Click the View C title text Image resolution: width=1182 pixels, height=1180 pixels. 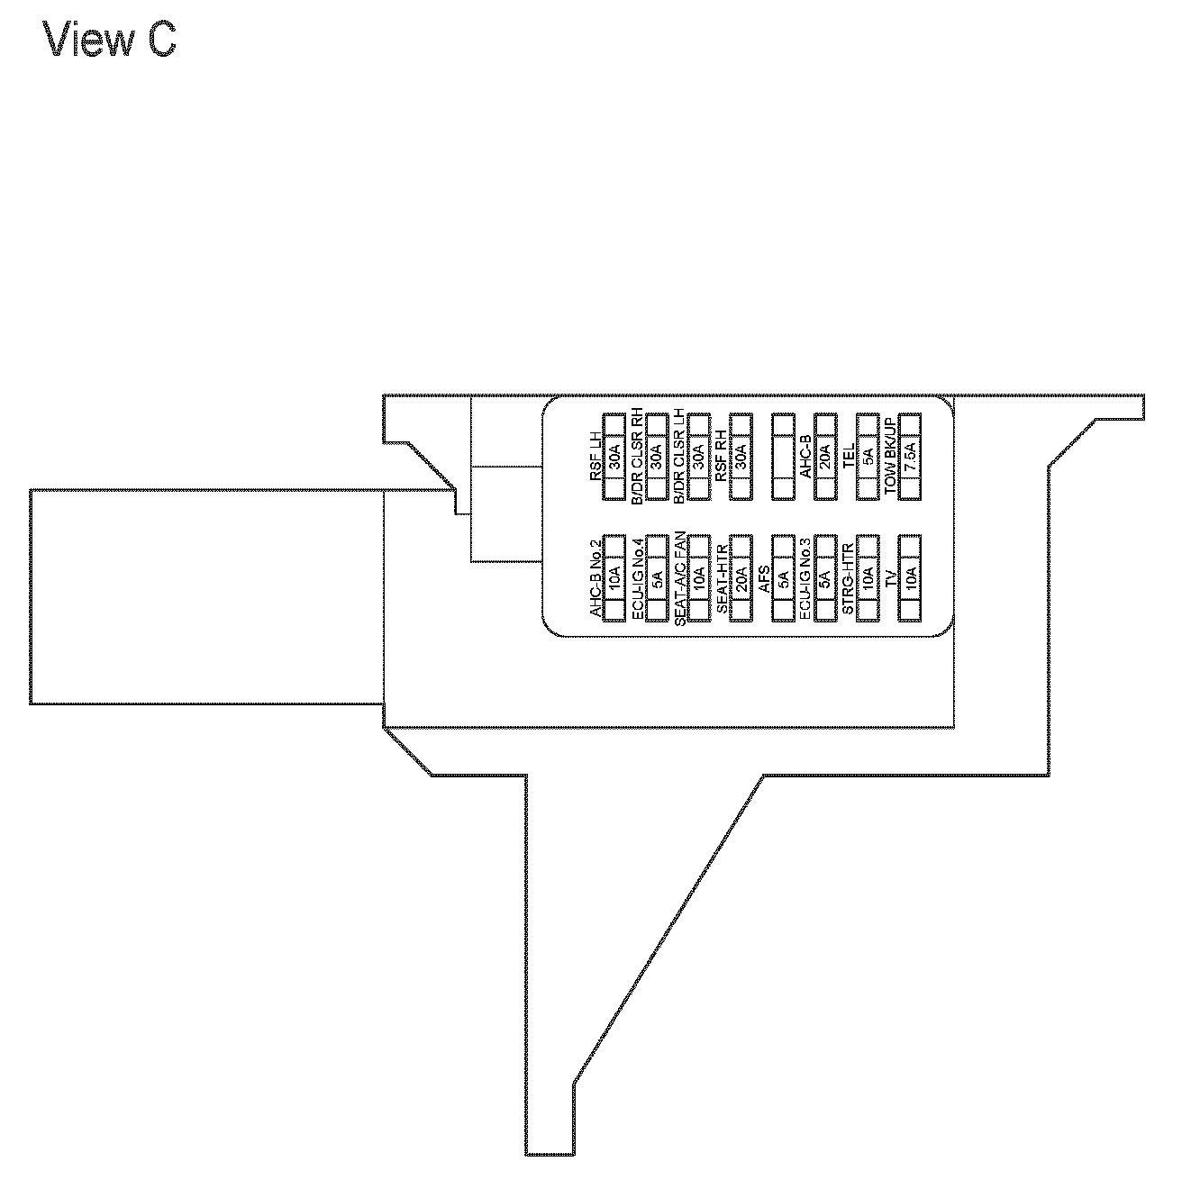[109, 41]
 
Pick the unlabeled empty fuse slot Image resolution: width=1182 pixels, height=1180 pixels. [783, 457]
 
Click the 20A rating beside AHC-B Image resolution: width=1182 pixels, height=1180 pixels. [825, 457]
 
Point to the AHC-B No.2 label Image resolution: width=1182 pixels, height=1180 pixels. [596, 577]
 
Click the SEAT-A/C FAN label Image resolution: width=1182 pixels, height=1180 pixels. [680, 577]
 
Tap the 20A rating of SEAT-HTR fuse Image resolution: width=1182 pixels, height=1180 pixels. [741, 577]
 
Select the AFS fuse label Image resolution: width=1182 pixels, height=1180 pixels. [765, 577]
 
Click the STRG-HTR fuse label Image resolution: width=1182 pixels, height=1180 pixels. [849, 577]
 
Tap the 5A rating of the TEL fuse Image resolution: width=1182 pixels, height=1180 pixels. [868, 457]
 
